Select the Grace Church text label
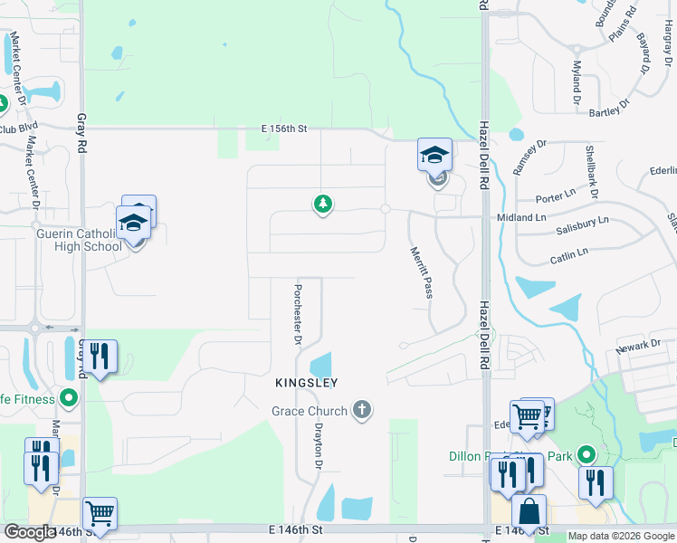point(310,411)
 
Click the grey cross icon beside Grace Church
point(361,411)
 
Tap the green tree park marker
point(321,204)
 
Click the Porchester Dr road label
point(296,315)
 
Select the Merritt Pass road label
point(421,272)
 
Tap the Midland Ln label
point(521,218)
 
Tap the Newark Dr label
point(639,346)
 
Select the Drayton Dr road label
point(318,447)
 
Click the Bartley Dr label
point(609,111)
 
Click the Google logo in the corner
point(29,532)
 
